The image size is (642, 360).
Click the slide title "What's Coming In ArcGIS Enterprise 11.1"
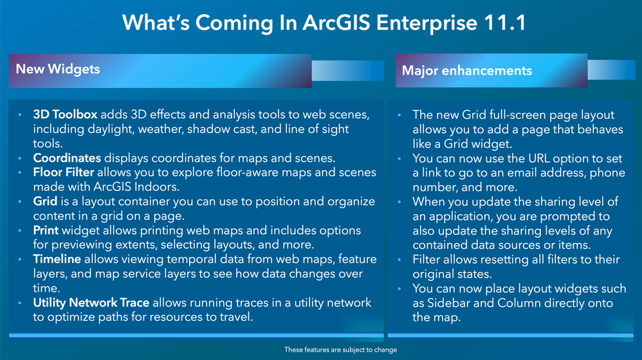coord(324,22)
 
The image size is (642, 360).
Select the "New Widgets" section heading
coord(58,69)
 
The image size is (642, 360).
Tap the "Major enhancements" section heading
coord(467,71)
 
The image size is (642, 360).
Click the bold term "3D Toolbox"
coord(65,114)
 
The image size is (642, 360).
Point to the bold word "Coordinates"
coord(67,158)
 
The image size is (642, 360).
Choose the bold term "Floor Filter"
coord(64,172)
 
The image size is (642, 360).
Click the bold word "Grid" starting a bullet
coord(45,201)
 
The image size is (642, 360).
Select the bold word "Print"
coord(46,230)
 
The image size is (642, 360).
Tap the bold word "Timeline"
coord(57,259)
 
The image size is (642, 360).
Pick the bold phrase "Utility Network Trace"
coord(91,303)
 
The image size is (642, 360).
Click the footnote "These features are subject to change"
coord(341,350)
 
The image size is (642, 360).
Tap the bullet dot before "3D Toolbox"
coord(20,115)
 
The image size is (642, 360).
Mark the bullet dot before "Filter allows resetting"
coord(399,260)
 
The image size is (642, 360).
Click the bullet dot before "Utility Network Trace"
coord(20,303)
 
